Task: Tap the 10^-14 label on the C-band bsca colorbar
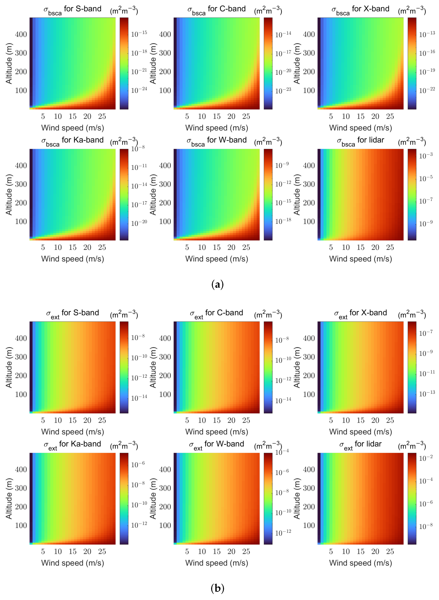click(x=283, y=34)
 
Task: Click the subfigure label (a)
click(x=217, y=285)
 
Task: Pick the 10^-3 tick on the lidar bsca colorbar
click(x=426, y=156)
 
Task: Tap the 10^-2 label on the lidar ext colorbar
click(x=426, y=458)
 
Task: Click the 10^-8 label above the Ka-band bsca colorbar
click(x=138, y=148)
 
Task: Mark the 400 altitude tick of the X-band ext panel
click(x=309, y=338)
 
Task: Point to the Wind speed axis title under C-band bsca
click(x=217, y=128)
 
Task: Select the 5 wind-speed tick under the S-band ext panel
click(x=43, y=420)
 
